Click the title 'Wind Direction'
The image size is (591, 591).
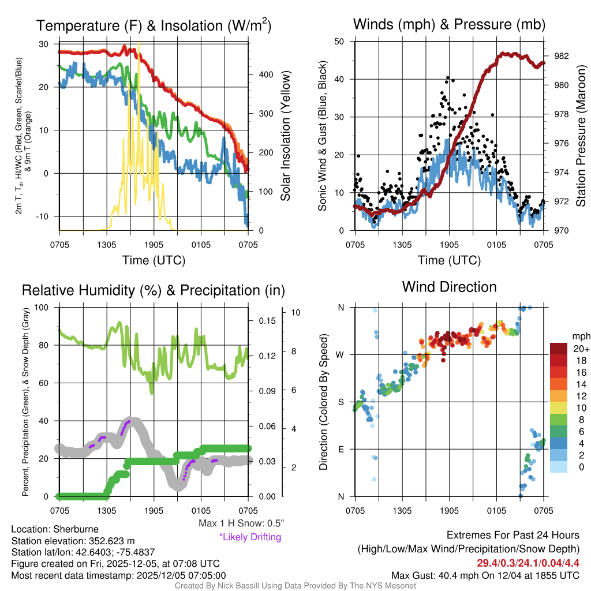449,287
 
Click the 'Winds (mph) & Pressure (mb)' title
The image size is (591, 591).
449,24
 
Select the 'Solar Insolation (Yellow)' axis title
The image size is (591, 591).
286,136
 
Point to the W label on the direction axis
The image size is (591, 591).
341,354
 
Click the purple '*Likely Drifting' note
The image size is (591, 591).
250,537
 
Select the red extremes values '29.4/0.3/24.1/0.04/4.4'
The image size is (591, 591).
528,563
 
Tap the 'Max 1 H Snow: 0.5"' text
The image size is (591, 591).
241,523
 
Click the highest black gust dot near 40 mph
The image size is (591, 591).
448,77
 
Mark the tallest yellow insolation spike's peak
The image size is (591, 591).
139,43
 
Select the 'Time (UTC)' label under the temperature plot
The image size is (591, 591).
154,260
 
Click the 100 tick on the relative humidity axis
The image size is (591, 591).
44,307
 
